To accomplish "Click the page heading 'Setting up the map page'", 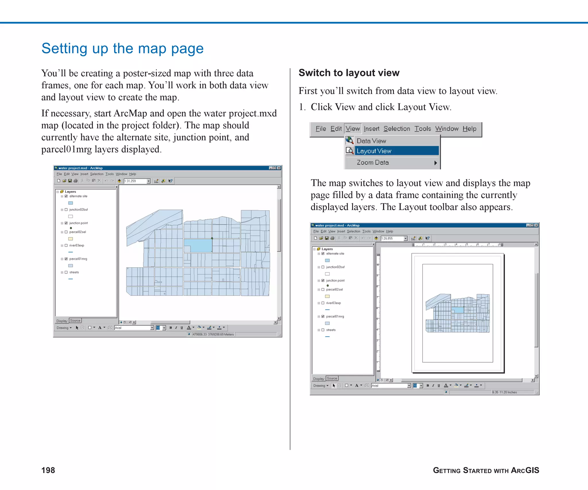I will [122, 49].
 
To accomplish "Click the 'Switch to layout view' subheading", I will [349, 73].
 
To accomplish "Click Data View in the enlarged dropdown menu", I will [371, 141].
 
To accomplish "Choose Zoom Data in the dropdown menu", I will [373, 162].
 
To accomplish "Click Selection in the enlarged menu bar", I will [396, 129].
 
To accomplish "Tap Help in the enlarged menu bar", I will [469, 129].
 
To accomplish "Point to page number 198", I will [48, 470].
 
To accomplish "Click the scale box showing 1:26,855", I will [392, 239].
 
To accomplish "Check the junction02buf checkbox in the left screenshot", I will [66, 210].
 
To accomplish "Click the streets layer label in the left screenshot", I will [74, 272].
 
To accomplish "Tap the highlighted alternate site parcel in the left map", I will [198, 246].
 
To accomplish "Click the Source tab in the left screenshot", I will [75, 321].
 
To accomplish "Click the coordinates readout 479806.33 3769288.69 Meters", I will [213, 334].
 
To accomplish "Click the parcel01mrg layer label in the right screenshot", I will [335, 317].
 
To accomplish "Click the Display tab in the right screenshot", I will [318, 379].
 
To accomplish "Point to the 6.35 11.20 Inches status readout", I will [504, 392].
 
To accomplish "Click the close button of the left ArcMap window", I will [279, 168].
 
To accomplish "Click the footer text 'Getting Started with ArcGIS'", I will [486, 470].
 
